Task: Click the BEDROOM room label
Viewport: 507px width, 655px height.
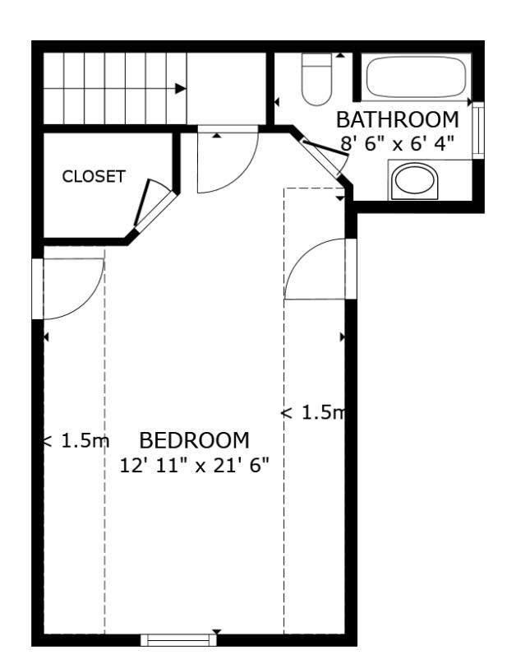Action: click(194, 440)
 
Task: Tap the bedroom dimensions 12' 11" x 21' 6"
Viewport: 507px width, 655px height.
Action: click(195, 464)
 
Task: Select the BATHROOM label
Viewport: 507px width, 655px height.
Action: click(397, 119)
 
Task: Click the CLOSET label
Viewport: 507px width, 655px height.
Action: click(94, 176)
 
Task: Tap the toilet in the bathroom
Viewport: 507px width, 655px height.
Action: click(316, 80)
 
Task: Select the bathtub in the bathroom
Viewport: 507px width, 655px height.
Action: click(416, 77)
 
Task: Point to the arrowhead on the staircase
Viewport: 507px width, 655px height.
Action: click(181, 88)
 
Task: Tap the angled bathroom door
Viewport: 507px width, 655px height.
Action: click(324, 160)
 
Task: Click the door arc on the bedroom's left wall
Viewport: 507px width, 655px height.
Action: click(72, 288)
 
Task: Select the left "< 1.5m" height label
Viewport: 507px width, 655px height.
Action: click(76, 441)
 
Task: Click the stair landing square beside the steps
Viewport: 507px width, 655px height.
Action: click(227, 86)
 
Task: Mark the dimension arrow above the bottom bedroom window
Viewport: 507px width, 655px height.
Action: click(216, 631)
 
